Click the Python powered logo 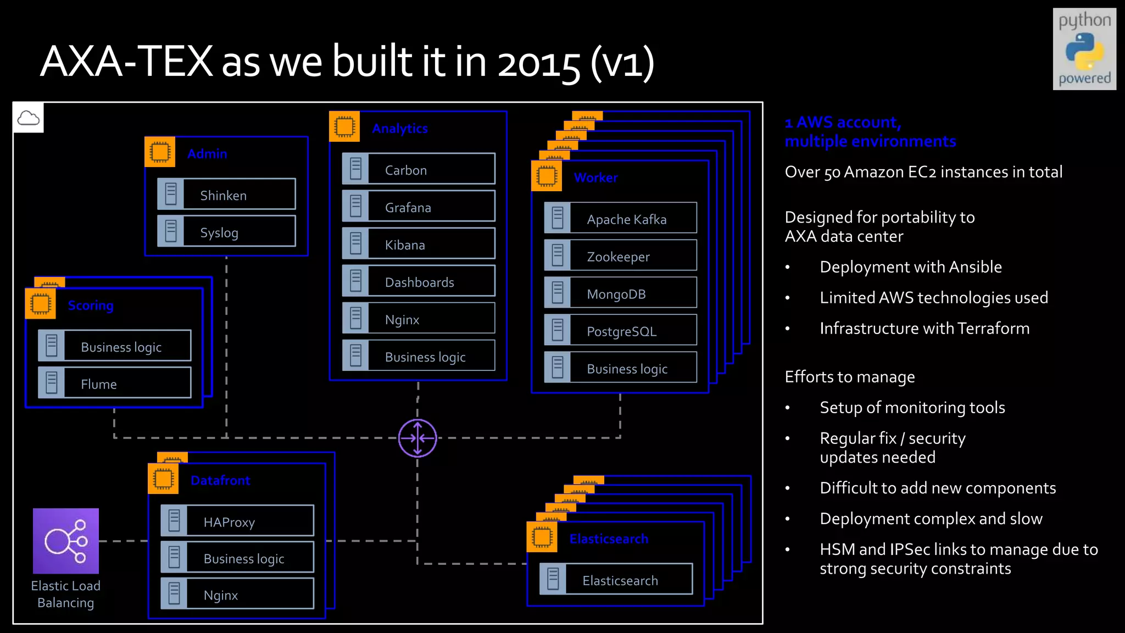(x=1084, y=49)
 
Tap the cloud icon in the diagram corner (x=28, y=118)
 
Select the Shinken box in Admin (x=226, y=195)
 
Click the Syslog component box (x=226, y=232)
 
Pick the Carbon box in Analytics (x=419, y=169)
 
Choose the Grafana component (x=419, y=207)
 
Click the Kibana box (x=419, y=244)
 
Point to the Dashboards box (x=419, y=281)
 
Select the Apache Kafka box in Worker (x=620, y=219)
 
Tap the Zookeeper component (x=620, y=256)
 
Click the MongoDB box (x=620, y=293)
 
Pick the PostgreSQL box (x=620, y=331)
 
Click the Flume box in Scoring (x=115, y=383)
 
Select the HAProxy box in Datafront (x=237, y=521)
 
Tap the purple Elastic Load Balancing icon (x=66, y=541)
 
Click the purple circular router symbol (x=417, y=438)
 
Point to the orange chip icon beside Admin (x=160, y=152)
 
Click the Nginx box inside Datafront (x=237, y=594)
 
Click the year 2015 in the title (x=538, y=63)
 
